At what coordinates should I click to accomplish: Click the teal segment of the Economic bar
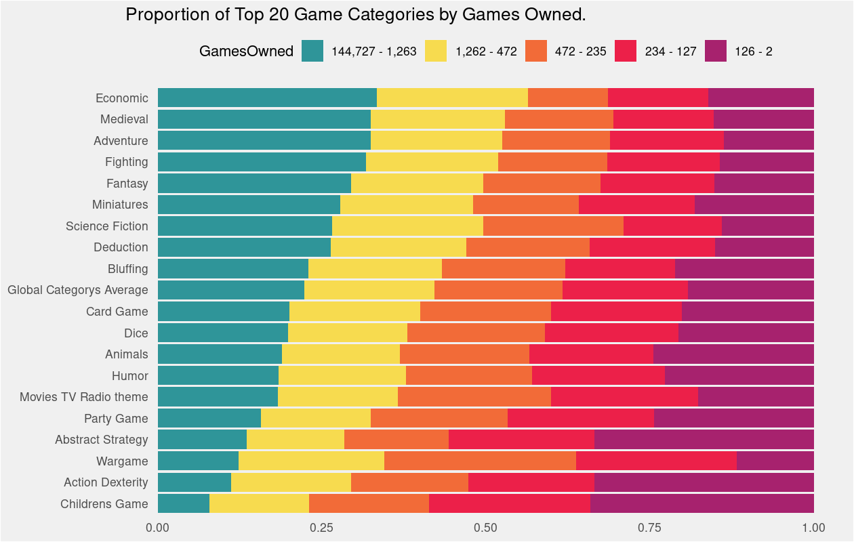point(267,98)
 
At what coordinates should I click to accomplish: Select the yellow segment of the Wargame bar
point(311,461)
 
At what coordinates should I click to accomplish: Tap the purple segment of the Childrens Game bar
point(701,504)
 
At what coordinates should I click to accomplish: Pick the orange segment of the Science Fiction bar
point(553,226)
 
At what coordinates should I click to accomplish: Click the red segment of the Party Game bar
point(580,419)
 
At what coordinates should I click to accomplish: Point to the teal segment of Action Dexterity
point(195,482)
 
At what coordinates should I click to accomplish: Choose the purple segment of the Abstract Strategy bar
point(704,440)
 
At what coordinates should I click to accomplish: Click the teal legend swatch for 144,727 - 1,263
point(312,51)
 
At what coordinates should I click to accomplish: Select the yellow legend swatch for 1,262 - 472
point(436,51)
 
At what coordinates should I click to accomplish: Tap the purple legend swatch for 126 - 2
point(716,51)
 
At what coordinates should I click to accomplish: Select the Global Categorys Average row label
point(77,290)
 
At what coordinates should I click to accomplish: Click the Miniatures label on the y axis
point(120,205)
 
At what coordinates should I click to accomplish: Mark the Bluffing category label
point(127,269)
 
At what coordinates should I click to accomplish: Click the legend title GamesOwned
point(246,51)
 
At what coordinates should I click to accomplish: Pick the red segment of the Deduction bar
point(652,247)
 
